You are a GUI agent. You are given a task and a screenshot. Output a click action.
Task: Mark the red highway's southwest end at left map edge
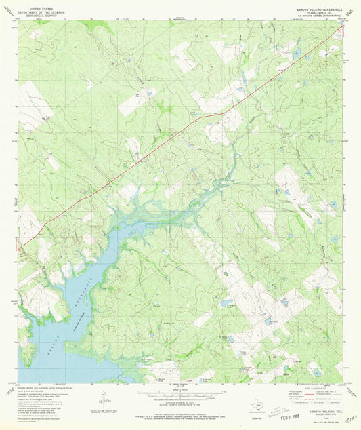(19, 248)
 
